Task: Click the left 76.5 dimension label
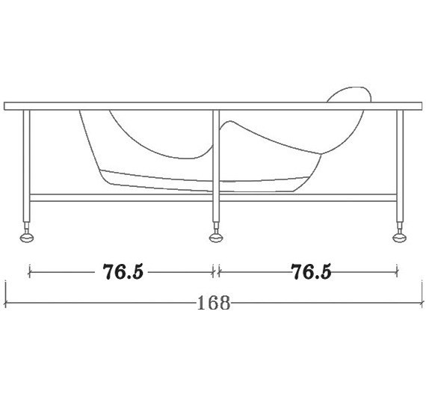point(123,271)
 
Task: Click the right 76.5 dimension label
point(311,271)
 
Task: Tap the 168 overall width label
point(213,303)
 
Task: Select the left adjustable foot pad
point(27,238)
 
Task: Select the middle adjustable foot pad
point(216,238)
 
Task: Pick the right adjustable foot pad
point(400,238)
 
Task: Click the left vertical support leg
point(26,166)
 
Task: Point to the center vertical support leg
point(216,166)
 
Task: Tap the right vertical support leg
point(400,166)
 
